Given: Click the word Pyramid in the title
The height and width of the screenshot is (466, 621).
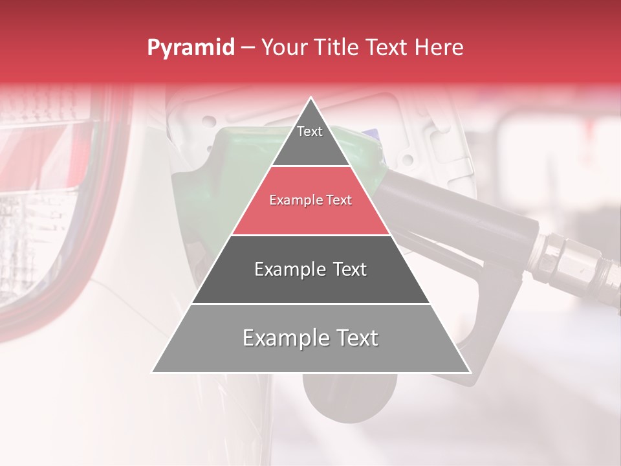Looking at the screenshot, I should tap(190, 48).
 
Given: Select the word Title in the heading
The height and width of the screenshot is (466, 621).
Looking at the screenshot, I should tap(339, 48).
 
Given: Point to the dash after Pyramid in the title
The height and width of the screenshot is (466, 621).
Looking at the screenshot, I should tap(247, 48).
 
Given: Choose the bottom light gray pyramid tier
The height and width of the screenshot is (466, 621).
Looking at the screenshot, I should tap(310, 353).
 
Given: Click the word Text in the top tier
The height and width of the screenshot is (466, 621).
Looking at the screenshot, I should tap(310, 131).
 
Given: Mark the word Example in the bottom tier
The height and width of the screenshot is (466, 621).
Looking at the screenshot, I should tap(283, 338).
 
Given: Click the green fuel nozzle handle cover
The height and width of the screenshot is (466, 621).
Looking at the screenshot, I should tap(213, 188).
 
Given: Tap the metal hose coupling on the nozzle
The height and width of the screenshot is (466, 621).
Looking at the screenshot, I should tap(569, 262).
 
